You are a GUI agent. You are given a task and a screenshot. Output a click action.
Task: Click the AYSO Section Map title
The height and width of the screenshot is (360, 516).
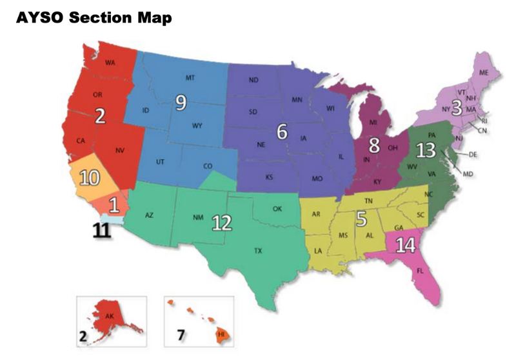tap(94, 17)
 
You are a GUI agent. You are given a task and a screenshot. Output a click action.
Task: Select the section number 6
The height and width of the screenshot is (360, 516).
tap(282, 131)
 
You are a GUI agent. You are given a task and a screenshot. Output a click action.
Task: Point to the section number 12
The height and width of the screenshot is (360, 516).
tap(222, 222)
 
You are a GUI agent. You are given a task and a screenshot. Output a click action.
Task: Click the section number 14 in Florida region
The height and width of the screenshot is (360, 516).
tap(406, 245)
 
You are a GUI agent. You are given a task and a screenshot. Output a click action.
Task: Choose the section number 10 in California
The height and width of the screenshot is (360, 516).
tap(88, 176)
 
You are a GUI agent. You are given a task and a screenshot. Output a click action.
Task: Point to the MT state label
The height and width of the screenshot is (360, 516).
tap(190, 78)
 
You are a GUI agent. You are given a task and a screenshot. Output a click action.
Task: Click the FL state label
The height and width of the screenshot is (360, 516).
tap(420, 271)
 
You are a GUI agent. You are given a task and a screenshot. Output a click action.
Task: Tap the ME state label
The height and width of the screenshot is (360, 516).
tap(483, 72)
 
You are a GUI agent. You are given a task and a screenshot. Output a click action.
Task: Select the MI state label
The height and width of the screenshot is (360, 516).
tap(373, 122)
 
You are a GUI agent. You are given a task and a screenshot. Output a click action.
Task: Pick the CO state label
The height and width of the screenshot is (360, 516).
tap(207, 166)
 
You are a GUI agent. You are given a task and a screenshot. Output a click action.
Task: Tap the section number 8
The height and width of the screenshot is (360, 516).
tap(375, 144)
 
